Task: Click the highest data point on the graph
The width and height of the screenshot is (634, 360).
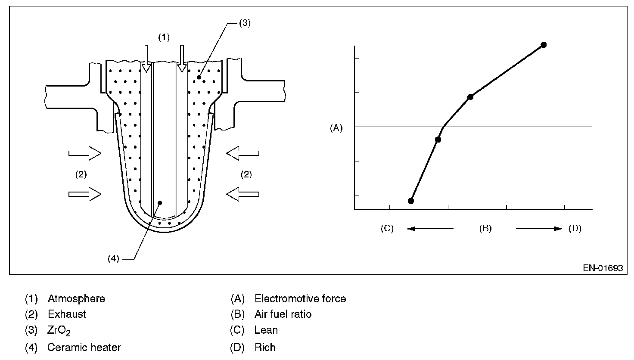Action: click(x=544, y=45)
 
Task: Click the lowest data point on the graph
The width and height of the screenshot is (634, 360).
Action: click(x=411, y=201)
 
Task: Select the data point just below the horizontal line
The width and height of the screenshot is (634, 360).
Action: click(x=438, y=140)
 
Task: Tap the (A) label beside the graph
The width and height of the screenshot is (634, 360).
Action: click(x=336, y=128)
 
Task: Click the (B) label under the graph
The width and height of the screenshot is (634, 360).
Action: click(x=485, y=228)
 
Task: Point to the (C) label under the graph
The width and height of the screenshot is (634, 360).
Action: click(x=387, y=228)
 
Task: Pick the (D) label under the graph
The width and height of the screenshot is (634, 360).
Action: click(x=575, y=228)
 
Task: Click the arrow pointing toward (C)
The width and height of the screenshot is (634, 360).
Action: click(x=430, y=229)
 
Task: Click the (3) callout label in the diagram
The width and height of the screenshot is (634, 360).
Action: click(x=244, y=23)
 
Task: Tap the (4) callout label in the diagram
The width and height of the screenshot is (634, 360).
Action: click(x=113, y=259)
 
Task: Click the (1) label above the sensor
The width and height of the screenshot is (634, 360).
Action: click(x=164, y=37)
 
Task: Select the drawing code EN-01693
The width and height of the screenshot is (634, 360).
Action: click(x=603, y=268)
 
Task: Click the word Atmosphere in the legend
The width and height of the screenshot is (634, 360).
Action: click(x=76, y=298)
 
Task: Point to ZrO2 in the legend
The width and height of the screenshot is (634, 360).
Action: click(x=59, y=331)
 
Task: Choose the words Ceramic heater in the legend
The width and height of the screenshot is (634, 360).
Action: click(x=84, y=347)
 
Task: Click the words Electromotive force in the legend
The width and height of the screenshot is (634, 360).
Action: click(x=300, y=298)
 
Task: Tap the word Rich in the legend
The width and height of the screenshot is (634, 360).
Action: click(x=265, y=347)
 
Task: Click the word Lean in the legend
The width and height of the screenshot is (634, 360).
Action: click(x=266, y=330)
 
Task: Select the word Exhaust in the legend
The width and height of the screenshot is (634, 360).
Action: click(x=67, y=314)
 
